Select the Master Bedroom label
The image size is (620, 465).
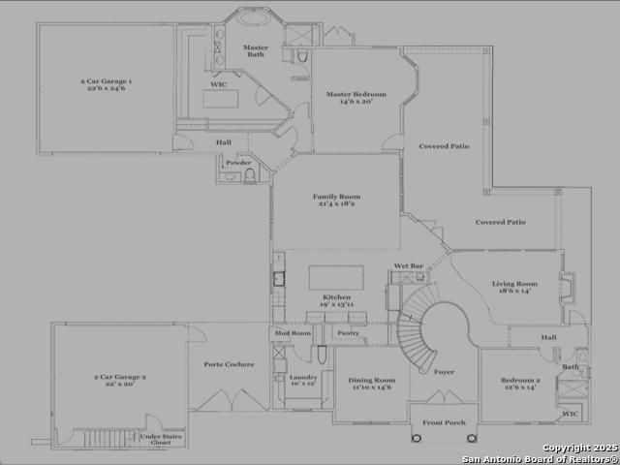[356, 97]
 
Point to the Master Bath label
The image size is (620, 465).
[256, 50]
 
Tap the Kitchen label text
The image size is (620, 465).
[336, 299]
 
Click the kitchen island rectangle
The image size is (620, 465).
[336, 277]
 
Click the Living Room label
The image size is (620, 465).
[518, 287]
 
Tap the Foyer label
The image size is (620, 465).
[444, 371]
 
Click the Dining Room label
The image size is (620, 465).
[372, 383]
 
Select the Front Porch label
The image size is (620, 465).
[443, 422]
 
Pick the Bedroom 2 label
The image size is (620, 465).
[518, 383]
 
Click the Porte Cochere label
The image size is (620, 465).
[229, 364]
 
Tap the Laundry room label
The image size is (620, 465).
[303, 380]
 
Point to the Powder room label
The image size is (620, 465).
[238, 163]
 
